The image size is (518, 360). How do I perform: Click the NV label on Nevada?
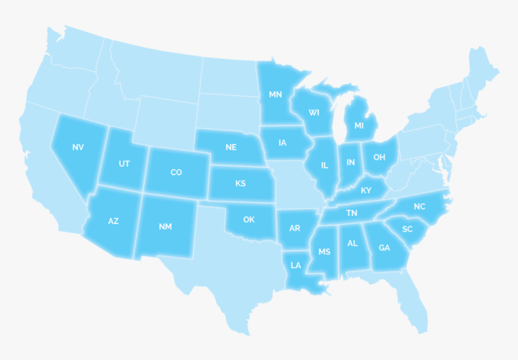click(x=78, y=147)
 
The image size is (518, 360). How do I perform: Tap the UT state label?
click(x=124, y=164)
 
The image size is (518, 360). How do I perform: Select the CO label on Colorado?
click(x=176, y=173)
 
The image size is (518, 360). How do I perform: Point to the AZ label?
click(x=113, y=222)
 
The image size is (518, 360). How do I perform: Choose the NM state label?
click(x=165, y=227)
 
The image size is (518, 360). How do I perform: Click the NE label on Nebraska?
click(x=231, y=147)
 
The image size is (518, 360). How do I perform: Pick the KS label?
click(x=240, y=184)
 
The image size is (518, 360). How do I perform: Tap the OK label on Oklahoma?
click(x=249, y=220)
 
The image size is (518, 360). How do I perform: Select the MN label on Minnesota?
click(x=275, y=95)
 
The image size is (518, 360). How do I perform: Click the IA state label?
click(x=282, y=143)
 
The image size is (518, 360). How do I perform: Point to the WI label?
click(x=314, y=113)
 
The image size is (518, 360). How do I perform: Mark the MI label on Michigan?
click(x=359, y=126)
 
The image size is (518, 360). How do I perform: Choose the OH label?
click(x=379, y=158)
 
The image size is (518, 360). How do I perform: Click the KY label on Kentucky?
click(x=366, y=191)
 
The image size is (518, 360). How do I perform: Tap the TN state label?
click(x=352, y=213)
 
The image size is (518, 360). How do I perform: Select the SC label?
click(x=407, y=229)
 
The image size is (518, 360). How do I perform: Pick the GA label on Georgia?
click(x=384, y=247)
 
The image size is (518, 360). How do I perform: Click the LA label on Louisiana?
click(x=296, y=265)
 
